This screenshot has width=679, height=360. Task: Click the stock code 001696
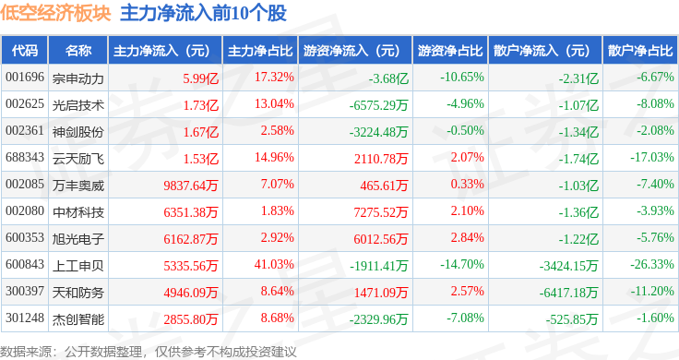(x=25, y=78)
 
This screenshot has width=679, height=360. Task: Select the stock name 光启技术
(x=78, y=105)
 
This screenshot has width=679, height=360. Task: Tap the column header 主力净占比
(x=260, y=51)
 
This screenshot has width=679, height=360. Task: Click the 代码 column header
(x=25, y=51)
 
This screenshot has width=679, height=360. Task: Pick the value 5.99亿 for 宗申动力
(x=201, y=78)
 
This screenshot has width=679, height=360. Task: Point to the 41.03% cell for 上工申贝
(x=274, y=264)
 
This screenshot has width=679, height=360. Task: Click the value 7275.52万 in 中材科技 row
(x=381, y=212)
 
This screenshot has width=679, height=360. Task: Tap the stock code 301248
(x=25, y=318)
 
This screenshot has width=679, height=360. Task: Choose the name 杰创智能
(x=78, y=319)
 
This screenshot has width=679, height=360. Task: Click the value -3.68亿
(x=388, y=78)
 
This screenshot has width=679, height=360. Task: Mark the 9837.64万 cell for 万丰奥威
(x=191, y=186)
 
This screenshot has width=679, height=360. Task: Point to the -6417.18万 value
(x=568, y=293)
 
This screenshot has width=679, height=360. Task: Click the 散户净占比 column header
(x=640, y=51)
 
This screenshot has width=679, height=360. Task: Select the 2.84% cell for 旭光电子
(x=467, y=237)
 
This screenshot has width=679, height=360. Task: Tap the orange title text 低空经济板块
(x=55, y=14)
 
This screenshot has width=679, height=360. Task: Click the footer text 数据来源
(x=26, y=352)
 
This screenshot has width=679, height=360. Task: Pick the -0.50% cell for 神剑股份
(x=466, y=130)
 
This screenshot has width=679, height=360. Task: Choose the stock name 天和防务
(x=78, y=293)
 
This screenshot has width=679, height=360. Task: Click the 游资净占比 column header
(x=450, y=51)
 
